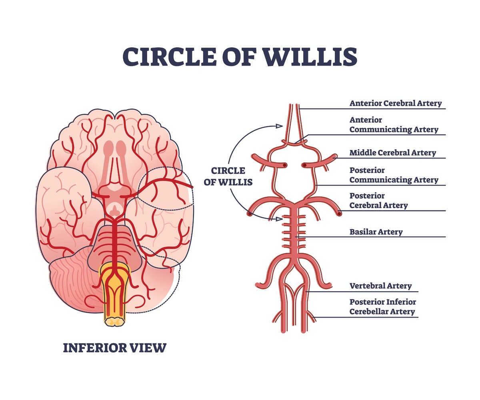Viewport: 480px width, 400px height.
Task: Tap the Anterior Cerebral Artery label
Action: coord(395,103)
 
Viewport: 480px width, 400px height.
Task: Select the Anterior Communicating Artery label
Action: coord(394,124)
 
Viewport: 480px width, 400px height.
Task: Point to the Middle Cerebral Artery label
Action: coord(392,152)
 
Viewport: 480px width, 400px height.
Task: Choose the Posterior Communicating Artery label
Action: coord(394,175)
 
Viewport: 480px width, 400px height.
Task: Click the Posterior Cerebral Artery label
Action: coord(378,200)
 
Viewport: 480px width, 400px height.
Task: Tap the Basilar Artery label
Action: coord(376,232)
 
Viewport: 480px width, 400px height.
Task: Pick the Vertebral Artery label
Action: coord(380,286)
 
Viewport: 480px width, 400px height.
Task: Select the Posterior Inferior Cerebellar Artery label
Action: coord(382,306)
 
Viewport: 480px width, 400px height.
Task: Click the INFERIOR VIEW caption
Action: coord(114,348)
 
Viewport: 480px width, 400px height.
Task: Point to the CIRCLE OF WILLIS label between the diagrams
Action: coord(228,176)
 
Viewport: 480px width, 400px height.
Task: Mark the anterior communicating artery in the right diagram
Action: coord(295,142)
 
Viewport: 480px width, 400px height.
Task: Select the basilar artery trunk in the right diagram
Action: coord(295,232)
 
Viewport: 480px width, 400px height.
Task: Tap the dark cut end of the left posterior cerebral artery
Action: coord(250,214)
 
